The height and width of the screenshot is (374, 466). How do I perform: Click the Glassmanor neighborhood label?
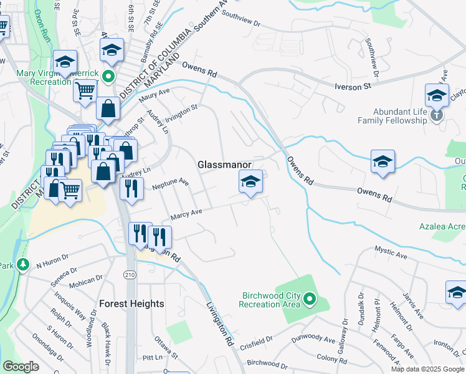point(224,165)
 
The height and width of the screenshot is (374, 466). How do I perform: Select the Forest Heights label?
point(131,304)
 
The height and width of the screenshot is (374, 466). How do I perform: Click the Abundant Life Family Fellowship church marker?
point(436,115)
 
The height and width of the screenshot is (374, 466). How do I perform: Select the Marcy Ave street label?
point(186,214)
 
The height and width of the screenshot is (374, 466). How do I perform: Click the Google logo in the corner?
point(21,367)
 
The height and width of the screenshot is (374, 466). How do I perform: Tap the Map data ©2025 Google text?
point(427,369)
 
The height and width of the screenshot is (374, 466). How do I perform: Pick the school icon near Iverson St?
point(437,95)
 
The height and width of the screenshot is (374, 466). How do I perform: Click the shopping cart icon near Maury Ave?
point(85,90)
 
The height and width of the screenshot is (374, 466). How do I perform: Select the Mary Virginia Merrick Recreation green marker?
point(108,77)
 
